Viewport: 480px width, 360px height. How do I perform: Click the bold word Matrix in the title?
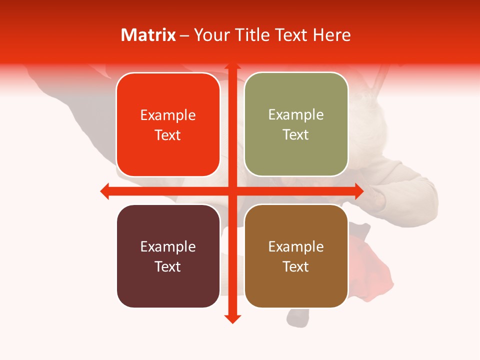tap(148, 35)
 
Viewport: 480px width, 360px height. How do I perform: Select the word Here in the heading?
tap(332, 35)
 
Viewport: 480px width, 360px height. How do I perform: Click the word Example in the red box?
tap(168, 115)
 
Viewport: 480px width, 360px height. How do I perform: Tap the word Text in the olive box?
tap(296, 135)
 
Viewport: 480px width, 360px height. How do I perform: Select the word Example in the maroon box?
tap(168, 247)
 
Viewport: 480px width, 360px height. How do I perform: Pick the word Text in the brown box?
tap(296, 266)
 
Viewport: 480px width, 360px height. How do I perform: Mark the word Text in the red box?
tap(168, 135)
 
